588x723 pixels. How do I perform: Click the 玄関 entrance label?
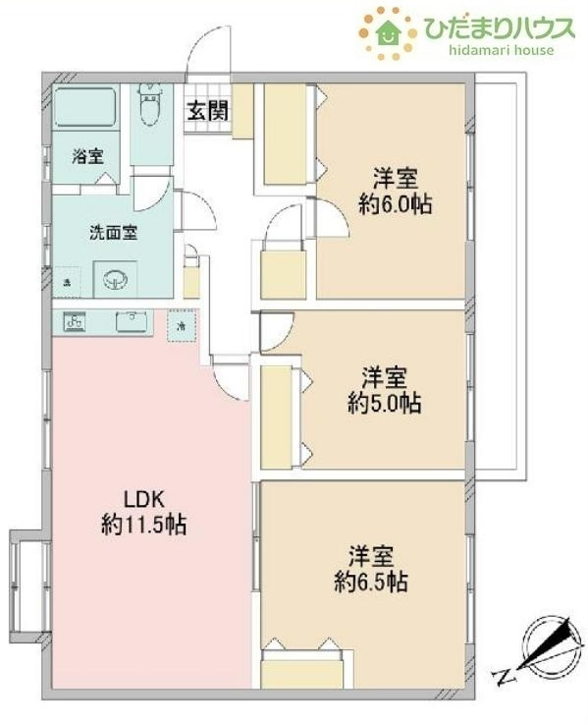point(208,110)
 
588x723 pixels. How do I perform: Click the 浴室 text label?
point(88,156)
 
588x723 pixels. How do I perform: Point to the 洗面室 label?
point(113,233)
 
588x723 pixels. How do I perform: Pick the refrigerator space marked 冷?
point(182,324)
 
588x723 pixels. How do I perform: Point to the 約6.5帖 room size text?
point(369,582)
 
